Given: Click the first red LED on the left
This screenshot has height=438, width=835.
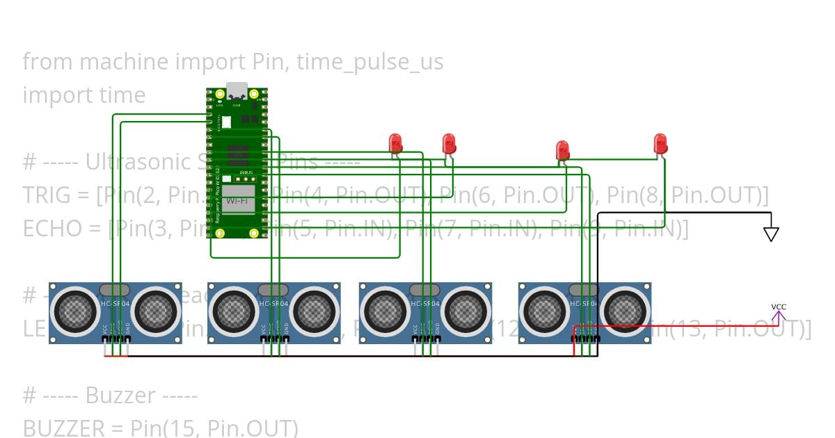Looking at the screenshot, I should pyautogui.click(x=395, y=143).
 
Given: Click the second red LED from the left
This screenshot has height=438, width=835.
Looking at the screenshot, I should pyautogui.click(x=450, y=143).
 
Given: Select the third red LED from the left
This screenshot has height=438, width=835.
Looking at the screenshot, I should pyautogui.click(x=562, y=149).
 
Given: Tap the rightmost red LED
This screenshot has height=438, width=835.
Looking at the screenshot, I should pyautogui.click(x=660, y=143).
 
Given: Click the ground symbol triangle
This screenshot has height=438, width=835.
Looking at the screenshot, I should pyautogui.click(x=770, y=234).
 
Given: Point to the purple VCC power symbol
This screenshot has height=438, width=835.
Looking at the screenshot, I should pyautogui.click(x=779, y=314).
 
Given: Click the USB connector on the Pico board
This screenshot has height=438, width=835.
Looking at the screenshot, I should pyautogui.click(x=237, y=91).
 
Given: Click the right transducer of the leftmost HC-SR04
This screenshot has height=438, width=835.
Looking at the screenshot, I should pyautogui.click(x=155, y=309).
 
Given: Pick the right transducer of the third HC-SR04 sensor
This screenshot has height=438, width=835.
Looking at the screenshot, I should pyautogui.click(x=466, y=309).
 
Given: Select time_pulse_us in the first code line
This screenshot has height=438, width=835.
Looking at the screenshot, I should pyautogui.click(x=369, y=62).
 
